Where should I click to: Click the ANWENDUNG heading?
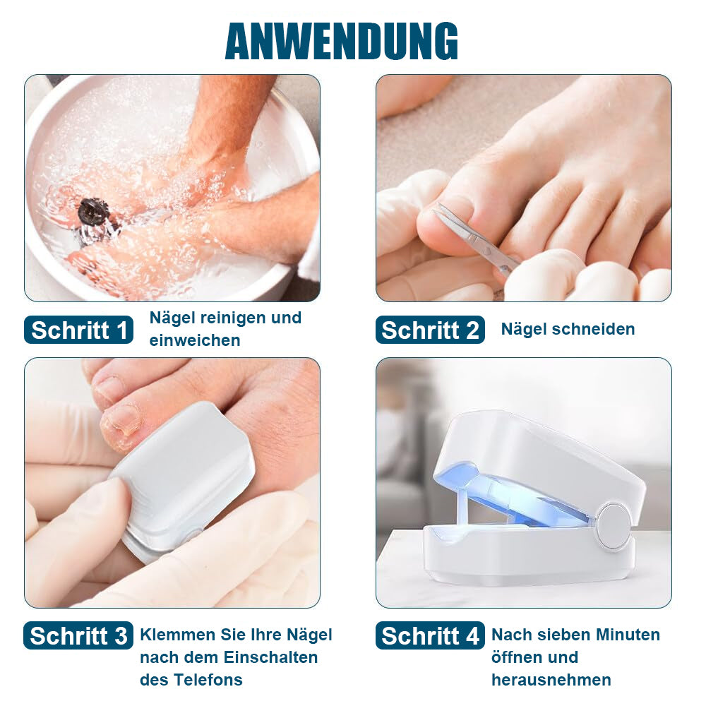342,41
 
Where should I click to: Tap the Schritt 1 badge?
79,330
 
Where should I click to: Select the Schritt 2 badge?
430,330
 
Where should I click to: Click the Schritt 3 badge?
78,635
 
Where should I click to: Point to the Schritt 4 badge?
430,635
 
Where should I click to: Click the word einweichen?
195,340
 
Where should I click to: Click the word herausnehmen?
551,679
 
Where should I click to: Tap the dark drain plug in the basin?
94,212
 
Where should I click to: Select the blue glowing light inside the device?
509,496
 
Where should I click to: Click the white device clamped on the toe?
182,481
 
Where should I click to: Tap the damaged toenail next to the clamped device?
122,419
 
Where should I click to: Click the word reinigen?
233,318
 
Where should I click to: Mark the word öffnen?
512,657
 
